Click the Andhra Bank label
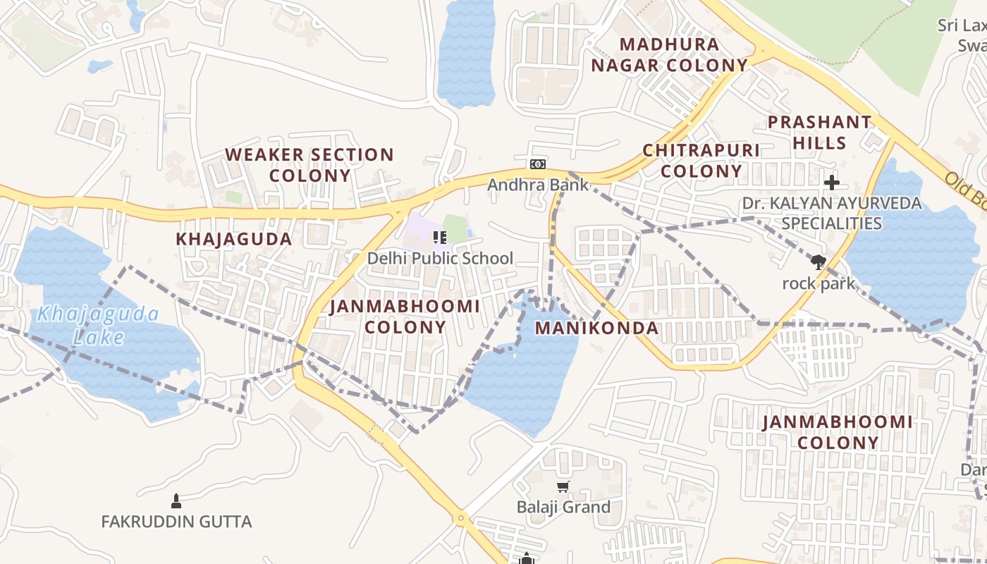538,185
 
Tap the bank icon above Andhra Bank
538,164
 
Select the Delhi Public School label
440,259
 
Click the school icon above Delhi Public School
440,238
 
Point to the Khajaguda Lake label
98,326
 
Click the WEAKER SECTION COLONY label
309,165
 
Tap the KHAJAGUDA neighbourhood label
234,239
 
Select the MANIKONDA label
596,328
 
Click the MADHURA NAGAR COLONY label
669,55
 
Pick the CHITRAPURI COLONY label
701,161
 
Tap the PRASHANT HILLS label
819,133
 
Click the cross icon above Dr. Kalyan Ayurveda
832,183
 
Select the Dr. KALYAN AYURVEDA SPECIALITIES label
832,214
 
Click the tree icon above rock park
818,262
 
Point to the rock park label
818,284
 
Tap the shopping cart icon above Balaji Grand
563,486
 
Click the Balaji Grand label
563,508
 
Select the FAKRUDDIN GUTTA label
176,522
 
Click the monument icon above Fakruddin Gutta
176,501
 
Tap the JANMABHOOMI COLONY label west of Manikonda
405,317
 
